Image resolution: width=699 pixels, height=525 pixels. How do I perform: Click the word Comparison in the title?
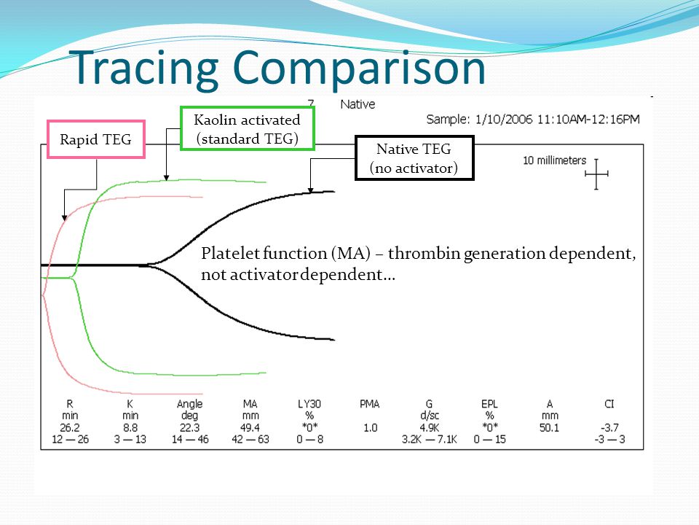click(x=359, y=69)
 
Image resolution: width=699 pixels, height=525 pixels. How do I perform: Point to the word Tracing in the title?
click(x=143, y=69)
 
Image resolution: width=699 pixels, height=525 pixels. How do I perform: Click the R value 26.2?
click(x=70, y=428)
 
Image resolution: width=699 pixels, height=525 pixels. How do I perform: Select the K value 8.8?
click(x=130, y=428)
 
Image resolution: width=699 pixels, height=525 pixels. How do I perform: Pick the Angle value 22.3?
click(x=190, y=428)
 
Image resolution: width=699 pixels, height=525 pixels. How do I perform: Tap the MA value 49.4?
click(x=250, y=428)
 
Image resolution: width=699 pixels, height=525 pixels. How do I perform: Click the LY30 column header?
click(x=309, y=404)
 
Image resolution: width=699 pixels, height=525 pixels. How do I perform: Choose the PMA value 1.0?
click(x=370, y=428)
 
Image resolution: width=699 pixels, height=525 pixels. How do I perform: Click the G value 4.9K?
click(x=430, y=428)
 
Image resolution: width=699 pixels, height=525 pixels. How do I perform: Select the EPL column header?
click(x=489, y=404)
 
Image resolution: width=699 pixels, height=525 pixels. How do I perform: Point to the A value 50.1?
click(x=549, y=428)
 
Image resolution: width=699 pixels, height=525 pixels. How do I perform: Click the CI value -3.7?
click(x=609, y=428)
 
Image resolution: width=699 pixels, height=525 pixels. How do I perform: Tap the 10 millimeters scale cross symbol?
click(x=596, y=174)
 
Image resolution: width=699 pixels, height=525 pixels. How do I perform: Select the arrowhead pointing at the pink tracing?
click(x=65, y=217)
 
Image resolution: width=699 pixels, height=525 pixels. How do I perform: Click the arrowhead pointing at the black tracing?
click(x=311, y=190)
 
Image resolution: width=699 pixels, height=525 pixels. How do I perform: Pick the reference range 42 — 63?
click(x=250, y=439)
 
